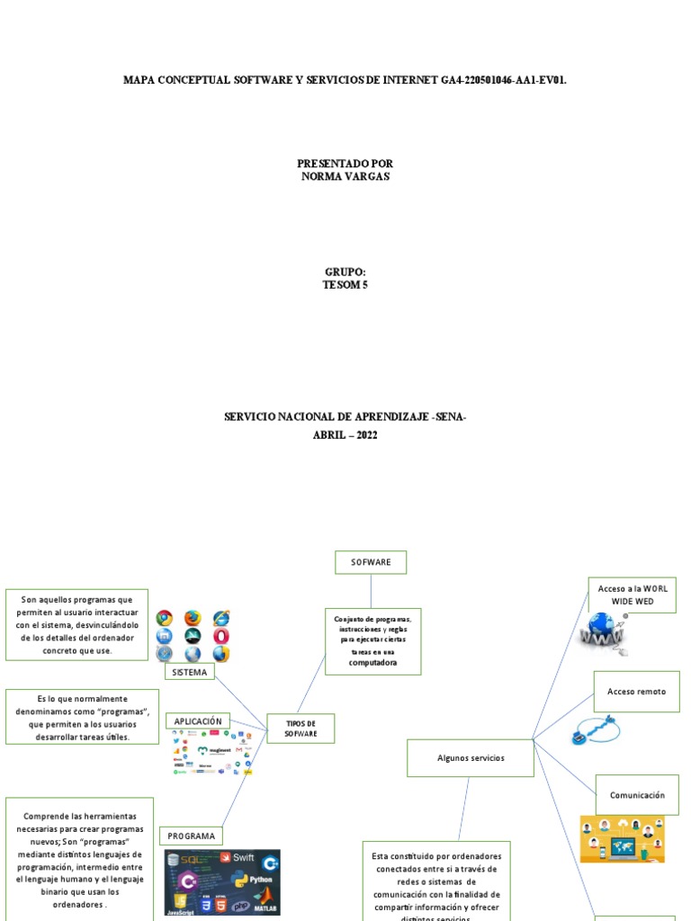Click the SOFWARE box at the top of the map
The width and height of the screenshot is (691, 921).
point(371,562)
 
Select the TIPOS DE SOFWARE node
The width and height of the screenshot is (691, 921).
point(301,729)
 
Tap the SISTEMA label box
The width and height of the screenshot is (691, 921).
point(189,672)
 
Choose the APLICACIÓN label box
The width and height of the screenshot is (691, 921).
point(197,721)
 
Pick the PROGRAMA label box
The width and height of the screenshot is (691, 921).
point(191,836)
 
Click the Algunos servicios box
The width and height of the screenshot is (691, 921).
point(471,758)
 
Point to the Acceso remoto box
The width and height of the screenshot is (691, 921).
point(636,692)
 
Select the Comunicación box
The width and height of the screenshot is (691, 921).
point(637,795)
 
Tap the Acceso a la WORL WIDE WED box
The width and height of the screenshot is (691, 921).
point(633,595)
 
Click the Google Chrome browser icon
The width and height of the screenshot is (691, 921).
point(164,618)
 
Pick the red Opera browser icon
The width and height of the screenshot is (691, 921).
point(221,636)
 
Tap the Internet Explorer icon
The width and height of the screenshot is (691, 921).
point(221,618)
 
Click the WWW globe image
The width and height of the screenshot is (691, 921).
point(603,633)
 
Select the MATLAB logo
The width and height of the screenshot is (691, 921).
point(264,904)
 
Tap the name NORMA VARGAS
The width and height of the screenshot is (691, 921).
point(345,176)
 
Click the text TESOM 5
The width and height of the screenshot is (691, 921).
point(345,285)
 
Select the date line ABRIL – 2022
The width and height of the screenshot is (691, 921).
point(345,435)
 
